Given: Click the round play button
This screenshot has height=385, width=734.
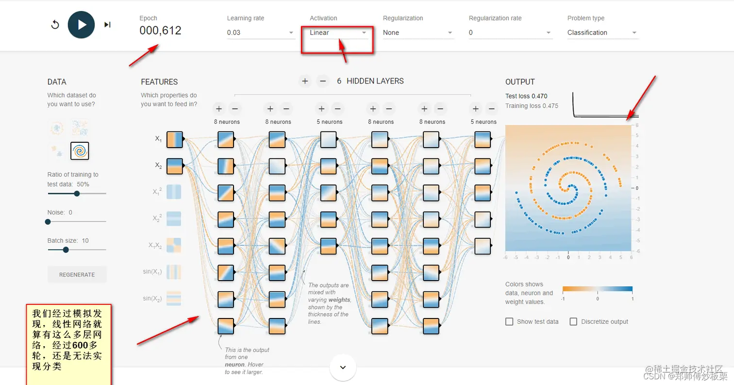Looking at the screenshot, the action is pyautogui.click(x=81, y=25).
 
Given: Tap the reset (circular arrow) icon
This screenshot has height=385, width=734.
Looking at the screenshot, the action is pyautogui.click(x=55, y=25).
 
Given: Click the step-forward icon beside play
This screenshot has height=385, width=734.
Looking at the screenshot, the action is pyautogui.click(x=107, y=25).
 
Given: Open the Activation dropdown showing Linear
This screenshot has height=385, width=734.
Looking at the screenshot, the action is pyautogui.click(x=338, y=33).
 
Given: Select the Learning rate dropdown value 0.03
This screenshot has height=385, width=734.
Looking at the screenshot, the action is pyautogui.click(x=260, y=33).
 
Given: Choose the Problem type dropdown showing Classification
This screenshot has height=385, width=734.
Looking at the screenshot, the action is pyautogui.click(x=602, y=33).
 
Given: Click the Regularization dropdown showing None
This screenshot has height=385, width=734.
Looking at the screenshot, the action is pyautogui.click(x=418, y=33).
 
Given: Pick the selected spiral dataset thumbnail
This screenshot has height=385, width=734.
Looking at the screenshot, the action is pyautogui.click(x=80, y=151).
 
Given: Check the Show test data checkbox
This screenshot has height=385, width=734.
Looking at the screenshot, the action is pyautogui.click(x=509, y=321).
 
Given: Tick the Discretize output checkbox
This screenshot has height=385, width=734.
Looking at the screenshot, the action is pyautogui.click(x=573, y=321).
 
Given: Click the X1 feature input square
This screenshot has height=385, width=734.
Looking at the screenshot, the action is pyautogui.click(x=175, y=139).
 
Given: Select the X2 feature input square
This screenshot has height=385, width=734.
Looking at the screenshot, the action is pyautogui.click(x=175, y=166).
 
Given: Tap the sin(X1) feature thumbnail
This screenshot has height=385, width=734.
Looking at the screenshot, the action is pyautogui.click(x=174, y=272).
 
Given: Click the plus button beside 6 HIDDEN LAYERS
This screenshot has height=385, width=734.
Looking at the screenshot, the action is pyautogui.click(x=305, y=81).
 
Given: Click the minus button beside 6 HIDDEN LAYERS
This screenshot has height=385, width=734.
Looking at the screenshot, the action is pyautogui.click(x=323, y=81).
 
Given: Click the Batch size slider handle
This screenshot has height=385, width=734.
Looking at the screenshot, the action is pyautogui.click(x=66, y=250).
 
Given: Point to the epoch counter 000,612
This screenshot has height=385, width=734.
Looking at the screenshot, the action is pyautogui.click(x=160, y=31).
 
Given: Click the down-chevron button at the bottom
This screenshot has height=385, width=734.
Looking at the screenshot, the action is pyautogui.click(x=343, y=368).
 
